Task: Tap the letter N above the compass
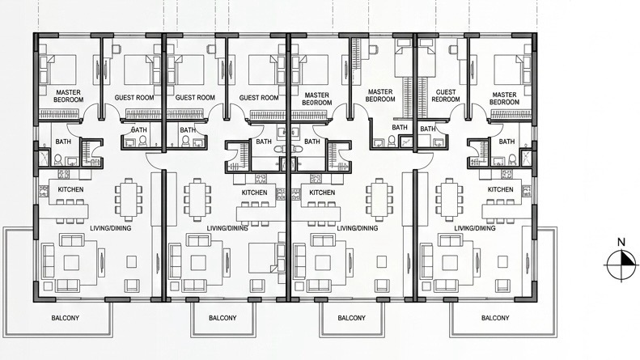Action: [621, 242]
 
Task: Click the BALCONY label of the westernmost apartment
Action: [66, 318]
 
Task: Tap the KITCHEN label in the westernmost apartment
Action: [71, 189]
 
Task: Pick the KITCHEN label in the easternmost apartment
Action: [501, 189]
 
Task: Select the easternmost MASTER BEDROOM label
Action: [505, 98]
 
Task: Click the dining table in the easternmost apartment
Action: [449, 198]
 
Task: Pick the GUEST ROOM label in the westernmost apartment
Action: [134, 97]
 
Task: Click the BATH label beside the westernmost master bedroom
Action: [63, 142]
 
